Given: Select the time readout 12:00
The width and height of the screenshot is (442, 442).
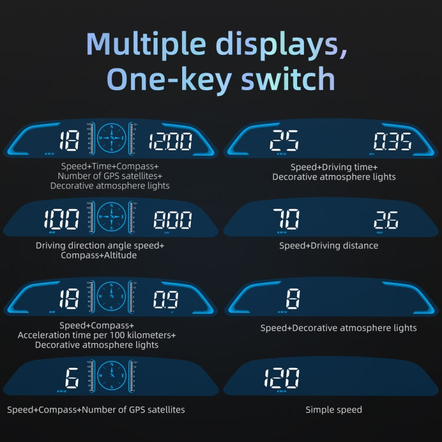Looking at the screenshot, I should coord(170,141).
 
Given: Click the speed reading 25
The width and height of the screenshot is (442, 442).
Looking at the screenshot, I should coord(284,141).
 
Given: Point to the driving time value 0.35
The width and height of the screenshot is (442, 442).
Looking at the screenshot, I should coord(392,142).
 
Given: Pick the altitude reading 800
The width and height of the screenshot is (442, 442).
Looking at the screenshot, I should coord(172,220).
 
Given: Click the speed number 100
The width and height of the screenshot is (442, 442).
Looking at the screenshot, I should coord(61,220).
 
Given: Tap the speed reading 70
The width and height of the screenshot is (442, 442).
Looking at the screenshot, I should coord(286,220).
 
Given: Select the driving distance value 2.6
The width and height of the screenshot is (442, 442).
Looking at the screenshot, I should coord(386,220).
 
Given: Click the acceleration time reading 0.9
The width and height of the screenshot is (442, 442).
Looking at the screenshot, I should coord(166,299).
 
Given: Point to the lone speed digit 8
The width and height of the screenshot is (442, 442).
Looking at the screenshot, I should coord(293,299).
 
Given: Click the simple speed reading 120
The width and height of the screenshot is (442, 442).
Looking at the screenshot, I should coord(281,378).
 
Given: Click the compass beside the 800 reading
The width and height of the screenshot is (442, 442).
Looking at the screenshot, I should coord(111,217).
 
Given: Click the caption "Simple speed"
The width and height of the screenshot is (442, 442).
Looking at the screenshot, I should coord(334,410).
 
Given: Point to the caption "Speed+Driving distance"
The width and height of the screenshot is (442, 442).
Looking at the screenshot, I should coord(329,245).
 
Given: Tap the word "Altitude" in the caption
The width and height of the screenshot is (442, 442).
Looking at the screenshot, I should coord(118,255).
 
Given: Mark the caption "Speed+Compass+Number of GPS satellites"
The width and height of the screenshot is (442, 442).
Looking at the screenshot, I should coord(96,410).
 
